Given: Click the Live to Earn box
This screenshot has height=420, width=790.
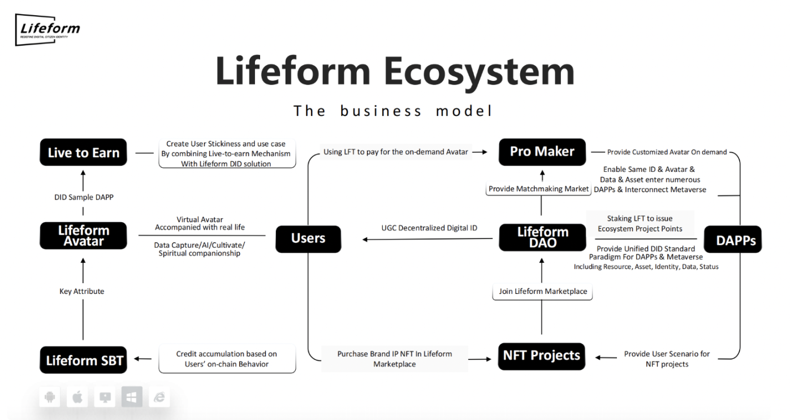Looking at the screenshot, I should (83, 153).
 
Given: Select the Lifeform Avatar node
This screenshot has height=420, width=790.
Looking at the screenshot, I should (83, 236).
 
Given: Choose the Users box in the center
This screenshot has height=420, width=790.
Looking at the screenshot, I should (308, 239).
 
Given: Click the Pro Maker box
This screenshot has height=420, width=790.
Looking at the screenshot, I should (542, 151).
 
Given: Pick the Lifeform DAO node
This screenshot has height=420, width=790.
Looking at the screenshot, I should (542, 237).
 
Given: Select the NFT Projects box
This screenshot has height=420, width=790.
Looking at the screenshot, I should (541, 356).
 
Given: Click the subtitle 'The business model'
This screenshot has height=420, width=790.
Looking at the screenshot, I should (394, 111).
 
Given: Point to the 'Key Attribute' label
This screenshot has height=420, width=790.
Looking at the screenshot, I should (82, 292).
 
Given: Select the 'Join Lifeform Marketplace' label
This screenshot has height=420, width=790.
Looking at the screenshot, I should (543, 292).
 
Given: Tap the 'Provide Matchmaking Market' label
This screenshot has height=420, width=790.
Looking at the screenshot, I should (538, 189).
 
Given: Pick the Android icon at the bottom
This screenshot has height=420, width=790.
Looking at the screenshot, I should (50, 398).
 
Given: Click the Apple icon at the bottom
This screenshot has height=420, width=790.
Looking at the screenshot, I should (77, 398).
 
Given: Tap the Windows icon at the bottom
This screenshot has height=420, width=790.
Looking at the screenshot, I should (132, 398).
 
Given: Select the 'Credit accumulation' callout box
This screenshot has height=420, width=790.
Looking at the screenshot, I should (227, 359).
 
